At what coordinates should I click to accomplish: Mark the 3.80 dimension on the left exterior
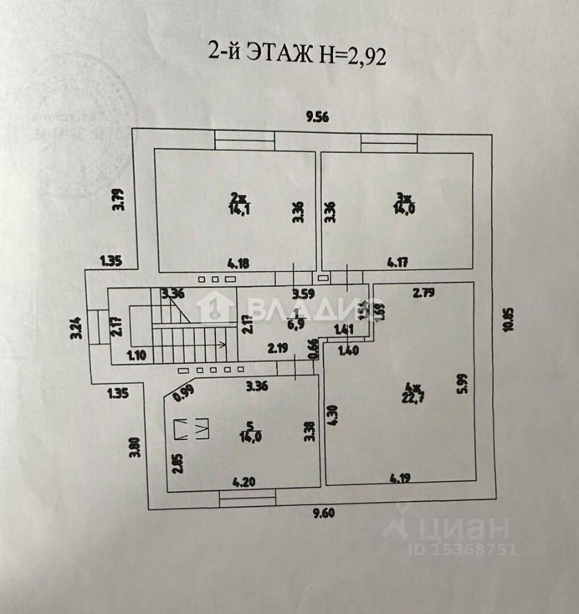(x=134, y=446)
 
